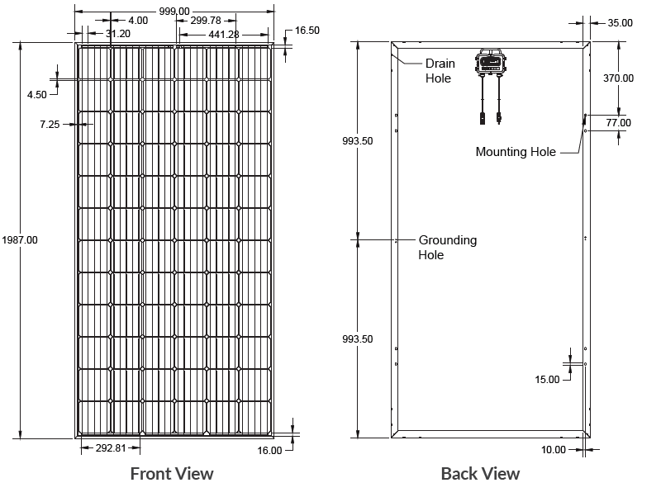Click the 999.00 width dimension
(174, 12)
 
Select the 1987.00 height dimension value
(20, 240)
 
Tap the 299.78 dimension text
(206, 21)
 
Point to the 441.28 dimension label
(224, 35)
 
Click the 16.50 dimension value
(307, 31)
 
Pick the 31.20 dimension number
(118, 34)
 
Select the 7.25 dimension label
(50, 124)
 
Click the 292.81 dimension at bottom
(111, 447)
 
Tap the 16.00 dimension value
(270, 451)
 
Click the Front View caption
(172, 474)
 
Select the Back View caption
(481, 474)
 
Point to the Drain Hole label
(440, 71)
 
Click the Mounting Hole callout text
(516, 152)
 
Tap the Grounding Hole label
(448, 247)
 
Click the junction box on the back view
(491, 64)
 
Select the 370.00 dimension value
(618, 78)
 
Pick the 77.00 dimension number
(618, 123)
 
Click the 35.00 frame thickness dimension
(621, 23)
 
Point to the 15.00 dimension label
(547, 380)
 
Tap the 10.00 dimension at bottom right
(554, 450)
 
